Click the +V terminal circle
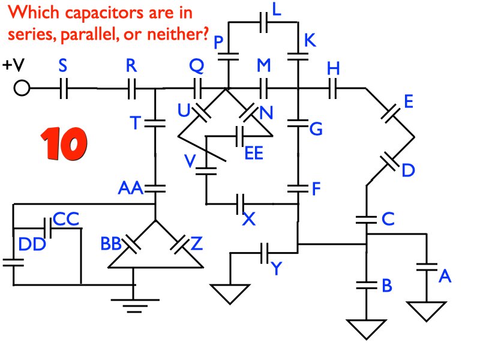click(22, 89)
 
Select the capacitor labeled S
click(65, 89)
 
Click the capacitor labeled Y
click(265, 253)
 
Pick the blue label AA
click(130, 189)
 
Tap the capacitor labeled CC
click(46, 228)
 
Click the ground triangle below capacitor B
click(364, 328)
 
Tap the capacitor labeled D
click(391, 161)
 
